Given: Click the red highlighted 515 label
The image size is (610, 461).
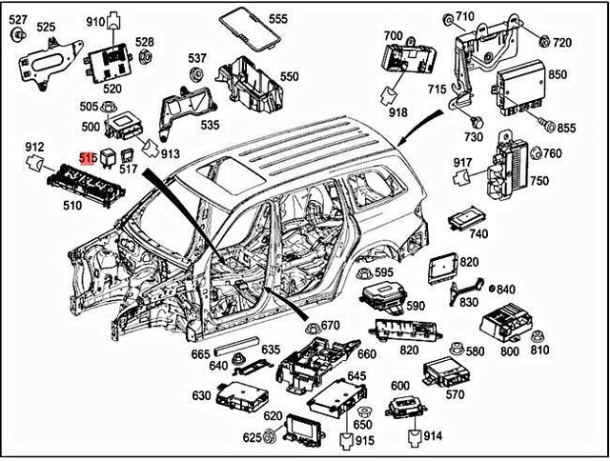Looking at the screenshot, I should (x=88, y=157).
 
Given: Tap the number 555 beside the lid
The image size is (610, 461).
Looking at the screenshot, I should (x=277, y=19).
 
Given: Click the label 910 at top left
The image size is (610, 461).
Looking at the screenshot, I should (x=96, y=21).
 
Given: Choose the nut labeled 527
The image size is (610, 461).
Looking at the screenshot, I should (x=18, y=36).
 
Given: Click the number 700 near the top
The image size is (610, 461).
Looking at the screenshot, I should (x=393, y=36).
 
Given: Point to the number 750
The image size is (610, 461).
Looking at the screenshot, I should (x=539, y=181).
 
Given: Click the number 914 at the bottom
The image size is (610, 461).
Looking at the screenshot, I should (x=433, y=435).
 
